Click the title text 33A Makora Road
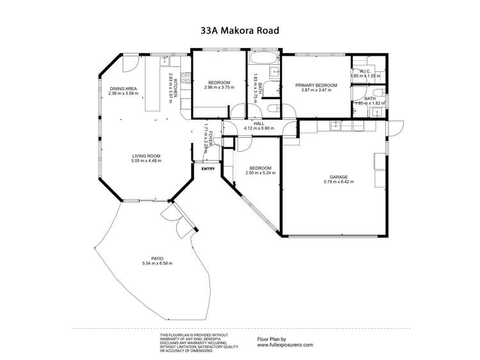coord(240,29)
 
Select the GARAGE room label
coord(338,177)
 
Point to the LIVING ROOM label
coord(146,156)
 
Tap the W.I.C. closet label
coord(366,71)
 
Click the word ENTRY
coord(208,169)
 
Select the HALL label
coord(259,123)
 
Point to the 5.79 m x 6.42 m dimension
coord(339,182)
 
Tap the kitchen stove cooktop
coord(185,79)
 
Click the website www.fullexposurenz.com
coord(285,344)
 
